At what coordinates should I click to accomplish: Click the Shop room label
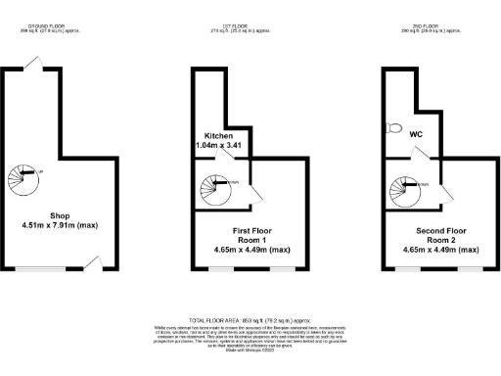(x=60, y=215)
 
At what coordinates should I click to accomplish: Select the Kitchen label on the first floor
(x=219, y=135)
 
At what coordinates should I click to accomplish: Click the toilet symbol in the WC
(x=393, y=127)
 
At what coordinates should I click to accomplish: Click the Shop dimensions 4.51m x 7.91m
(x=60, y=226)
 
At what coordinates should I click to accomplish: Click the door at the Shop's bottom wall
(x=95, y=259)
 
